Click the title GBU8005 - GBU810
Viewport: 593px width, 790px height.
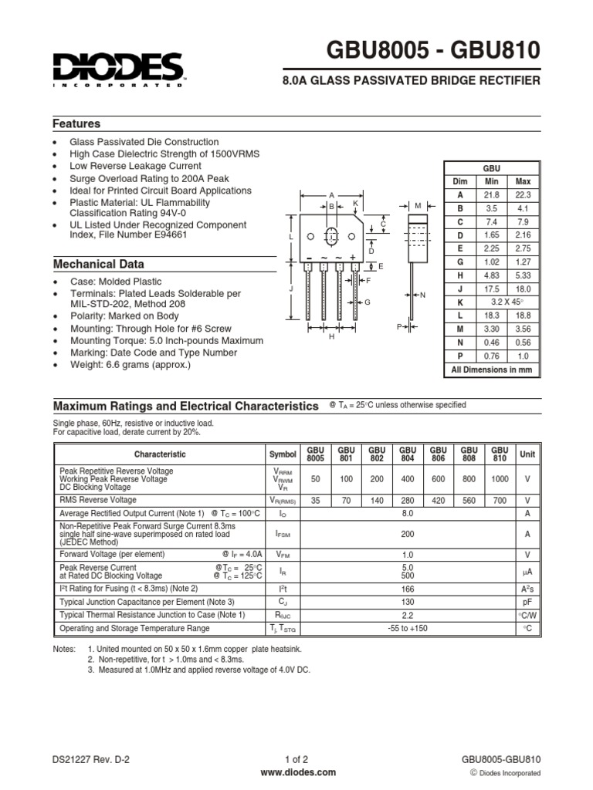[x=434, y=51]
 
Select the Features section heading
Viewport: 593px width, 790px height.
[x=76, y=123]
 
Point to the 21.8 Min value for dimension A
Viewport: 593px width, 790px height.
[x=491, y=195]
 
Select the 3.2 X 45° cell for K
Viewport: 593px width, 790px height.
[x=507, y=302]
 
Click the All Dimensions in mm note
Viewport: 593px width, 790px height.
[x=491, y=370]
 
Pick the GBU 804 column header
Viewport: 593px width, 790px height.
[x=407, y=454]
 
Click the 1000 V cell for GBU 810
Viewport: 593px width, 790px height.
[x=500, y=478]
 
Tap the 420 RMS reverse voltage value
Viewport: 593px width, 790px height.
[x=439, y=500]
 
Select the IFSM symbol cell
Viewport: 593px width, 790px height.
[x=282, y=533]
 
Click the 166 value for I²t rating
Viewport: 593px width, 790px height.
[x=408, y=588]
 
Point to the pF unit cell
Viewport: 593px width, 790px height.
[x=527, y=601]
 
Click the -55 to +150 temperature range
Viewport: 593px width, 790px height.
[x=408, y=629]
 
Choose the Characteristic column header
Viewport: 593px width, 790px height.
[x=160, y=454]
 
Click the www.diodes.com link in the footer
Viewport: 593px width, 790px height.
[x=298, y=772]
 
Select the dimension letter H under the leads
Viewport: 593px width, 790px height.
[x=331, y=336]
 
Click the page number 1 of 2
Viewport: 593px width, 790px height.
[x=297, y=759]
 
